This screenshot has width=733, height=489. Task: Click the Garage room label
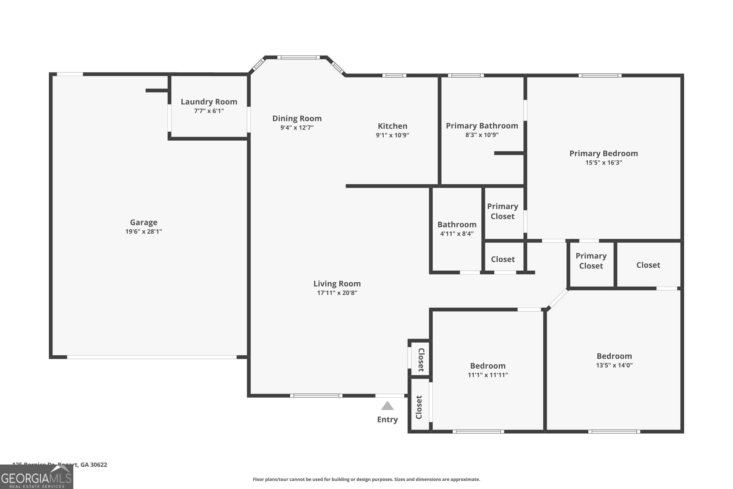(144, 222)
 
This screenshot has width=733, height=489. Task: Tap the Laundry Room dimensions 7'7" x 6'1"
(209, 111)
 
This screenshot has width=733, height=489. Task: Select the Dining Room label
(297, 119)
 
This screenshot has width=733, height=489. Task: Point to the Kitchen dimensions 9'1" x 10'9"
(392, 135)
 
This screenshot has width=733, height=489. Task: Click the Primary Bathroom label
(482, 126)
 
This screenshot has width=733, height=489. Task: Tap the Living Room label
(337, 283)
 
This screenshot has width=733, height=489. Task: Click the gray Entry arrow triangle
(387, 406)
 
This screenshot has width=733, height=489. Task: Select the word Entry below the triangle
(387, 420)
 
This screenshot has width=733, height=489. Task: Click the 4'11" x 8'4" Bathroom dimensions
(457, 233)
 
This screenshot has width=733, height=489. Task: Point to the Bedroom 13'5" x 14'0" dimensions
(614, 365)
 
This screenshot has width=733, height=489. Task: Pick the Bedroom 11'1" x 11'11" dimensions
(488, 375)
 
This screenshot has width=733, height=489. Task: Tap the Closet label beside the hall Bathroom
(503, 259)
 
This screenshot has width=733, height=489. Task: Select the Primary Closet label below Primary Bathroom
(502, 211)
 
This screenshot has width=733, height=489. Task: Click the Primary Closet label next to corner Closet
(591, 261)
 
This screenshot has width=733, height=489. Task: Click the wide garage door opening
(152, 357)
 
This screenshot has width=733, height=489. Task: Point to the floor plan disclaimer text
(366, 479)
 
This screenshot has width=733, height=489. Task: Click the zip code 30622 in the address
(98, 465)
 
